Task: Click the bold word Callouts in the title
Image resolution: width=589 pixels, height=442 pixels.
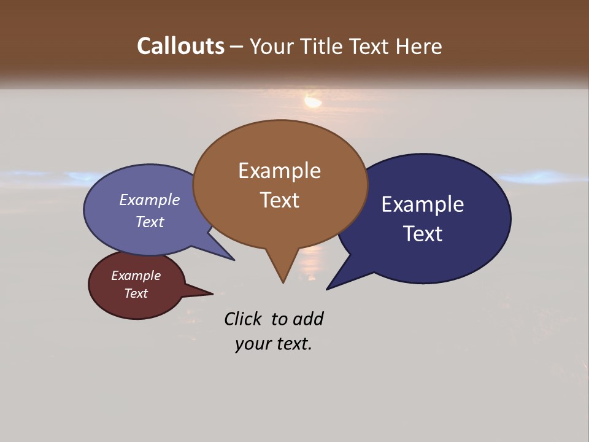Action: [180, 46]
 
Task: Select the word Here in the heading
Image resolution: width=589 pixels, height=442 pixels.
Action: [417, 46]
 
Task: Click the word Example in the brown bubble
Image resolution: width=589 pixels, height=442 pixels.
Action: [279, 171]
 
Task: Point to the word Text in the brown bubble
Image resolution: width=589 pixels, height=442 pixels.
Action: [279, 200]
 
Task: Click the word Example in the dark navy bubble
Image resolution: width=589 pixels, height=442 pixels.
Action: [423, 204]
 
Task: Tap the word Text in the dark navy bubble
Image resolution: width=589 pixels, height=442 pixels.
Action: [423, 234]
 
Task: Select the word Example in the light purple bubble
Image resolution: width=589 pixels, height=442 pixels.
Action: [150, 200]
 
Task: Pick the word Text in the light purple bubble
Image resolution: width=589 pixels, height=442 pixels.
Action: [150, 222]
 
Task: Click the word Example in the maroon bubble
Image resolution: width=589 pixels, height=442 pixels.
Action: [136, 276]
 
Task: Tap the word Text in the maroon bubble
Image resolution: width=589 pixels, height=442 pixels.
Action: [136, 293]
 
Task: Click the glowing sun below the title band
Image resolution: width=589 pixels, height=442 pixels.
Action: [313, 101]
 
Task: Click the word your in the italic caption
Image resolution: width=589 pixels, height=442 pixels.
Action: [252, 344]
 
